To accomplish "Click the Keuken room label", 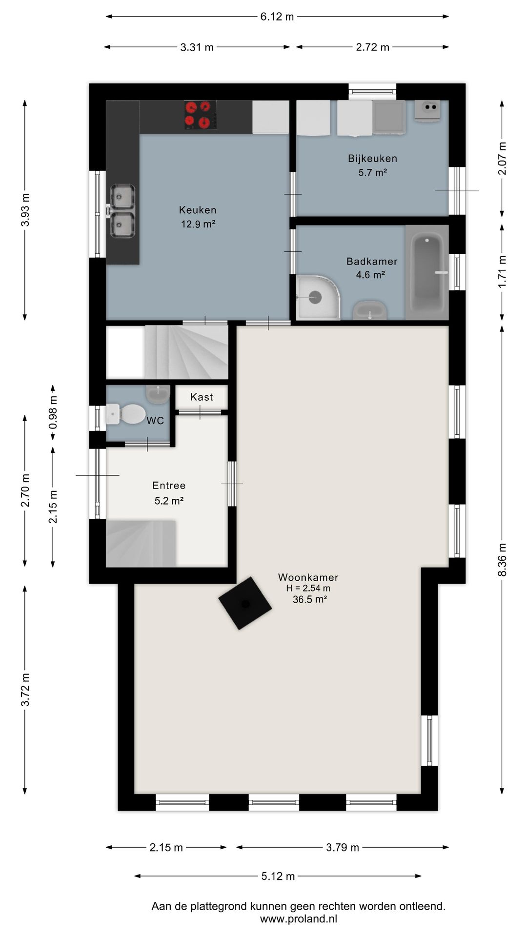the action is coord(198,210).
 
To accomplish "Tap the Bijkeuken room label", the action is coord(372,159).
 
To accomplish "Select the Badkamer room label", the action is coord(372,262).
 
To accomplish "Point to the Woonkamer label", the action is coord(308,577).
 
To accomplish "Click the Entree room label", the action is coord(169,486).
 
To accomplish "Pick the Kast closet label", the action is coord(202,397).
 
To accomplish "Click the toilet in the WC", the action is coord(125,414).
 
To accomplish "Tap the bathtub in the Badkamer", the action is coord(427,273).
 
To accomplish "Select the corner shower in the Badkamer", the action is coord(318,297).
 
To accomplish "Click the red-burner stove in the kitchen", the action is coord(201,115).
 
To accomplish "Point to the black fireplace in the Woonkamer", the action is coord(245,604).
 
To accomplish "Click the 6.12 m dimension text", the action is coord(277,17).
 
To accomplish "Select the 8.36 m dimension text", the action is coord(502,560).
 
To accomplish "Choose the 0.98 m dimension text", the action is coord(53,412).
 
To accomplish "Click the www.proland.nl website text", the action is coord(299,919).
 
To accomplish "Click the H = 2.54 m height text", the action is coord(308,588).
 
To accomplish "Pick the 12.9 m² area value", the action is coord(198,224).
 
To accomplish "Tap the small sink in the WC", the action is coord(158,394).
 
